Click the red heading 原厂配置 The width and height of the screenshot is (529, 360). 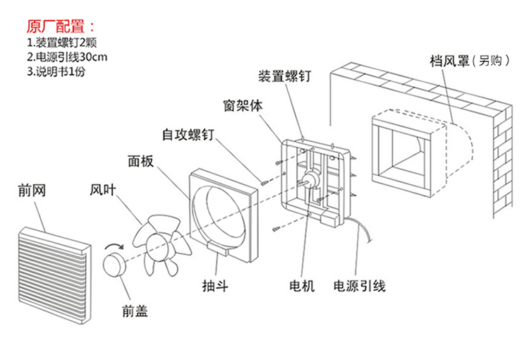[59, 27]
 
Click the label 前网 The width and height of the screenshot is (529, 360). [32, 191]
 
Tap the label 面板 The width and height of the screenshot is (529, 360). [140, 161]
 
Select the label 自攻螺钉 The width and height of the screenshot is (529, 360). [186, 133]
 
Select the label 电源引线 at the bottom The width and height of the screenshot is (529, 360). [360, 286]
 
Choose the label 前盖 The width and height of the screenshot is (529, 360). [134, 308]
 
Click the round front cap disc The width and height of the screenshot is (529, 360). [114, 265]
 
